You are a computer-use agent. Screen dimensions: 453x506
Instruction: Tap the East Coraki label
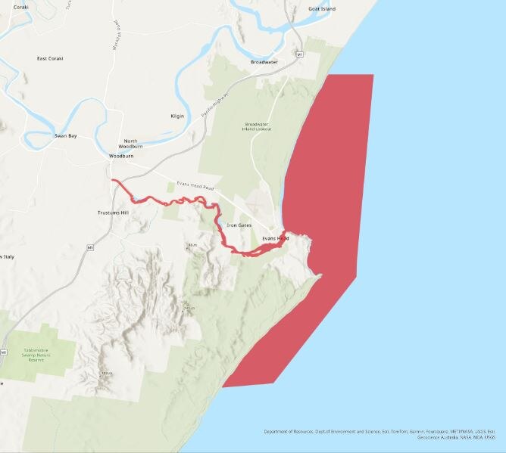coord(50,58)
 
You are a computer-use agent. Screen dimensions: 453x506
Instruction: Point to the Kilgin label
coord(178,116)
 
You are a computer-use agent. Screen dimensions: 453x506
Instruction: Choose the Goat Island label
coord(321,8)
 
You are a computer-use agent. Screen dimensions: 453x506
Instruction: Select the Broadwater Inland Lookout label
coord(257,126)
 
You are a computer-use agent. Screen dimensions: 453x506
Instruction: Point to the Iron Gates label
coord(239,225)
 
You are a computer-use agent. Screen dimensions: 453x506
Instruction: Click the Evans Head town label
coord(275,238)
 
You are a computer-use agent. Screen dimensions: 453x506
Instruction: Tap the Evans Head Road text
coord(195,186)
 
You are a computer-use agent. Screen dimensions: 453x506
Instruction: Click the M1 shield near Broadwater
coord(299,55)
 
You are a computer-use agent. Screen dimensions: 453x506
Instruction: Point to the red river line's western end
coord(113,181)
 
